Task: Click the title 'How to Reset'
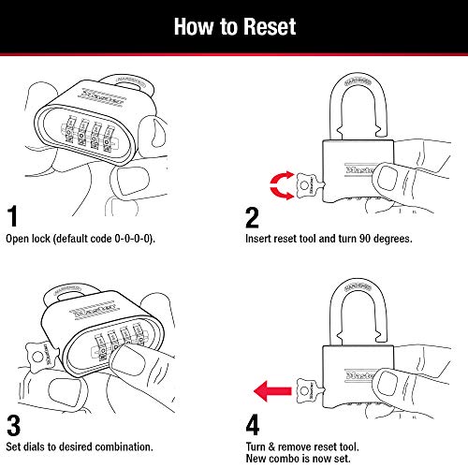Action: [233, 25]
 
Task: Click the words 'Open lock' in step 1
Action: [28, 241]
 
